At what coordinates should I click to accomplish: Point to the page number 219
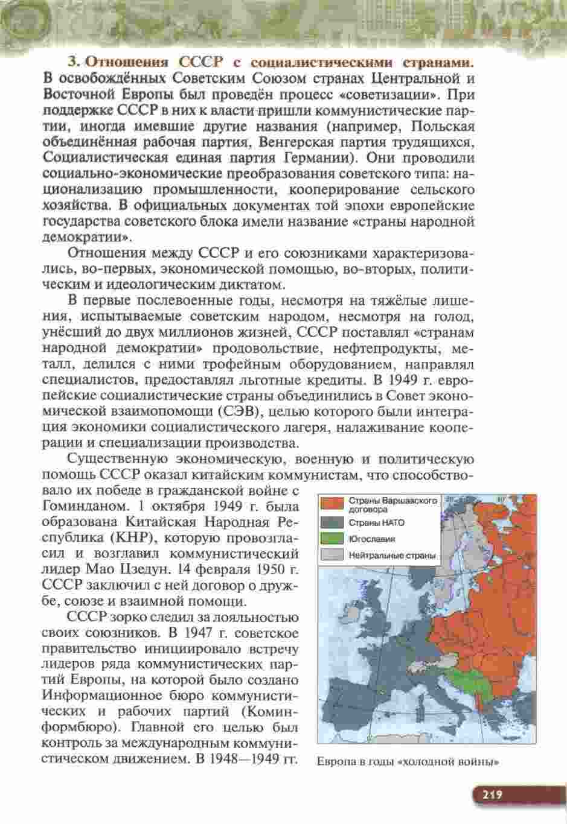point(492,794)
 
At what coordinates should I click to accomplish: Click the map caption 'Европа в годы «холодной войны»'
point(408,761)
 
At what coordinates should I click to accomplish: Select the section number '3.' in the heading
point(73,62)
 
